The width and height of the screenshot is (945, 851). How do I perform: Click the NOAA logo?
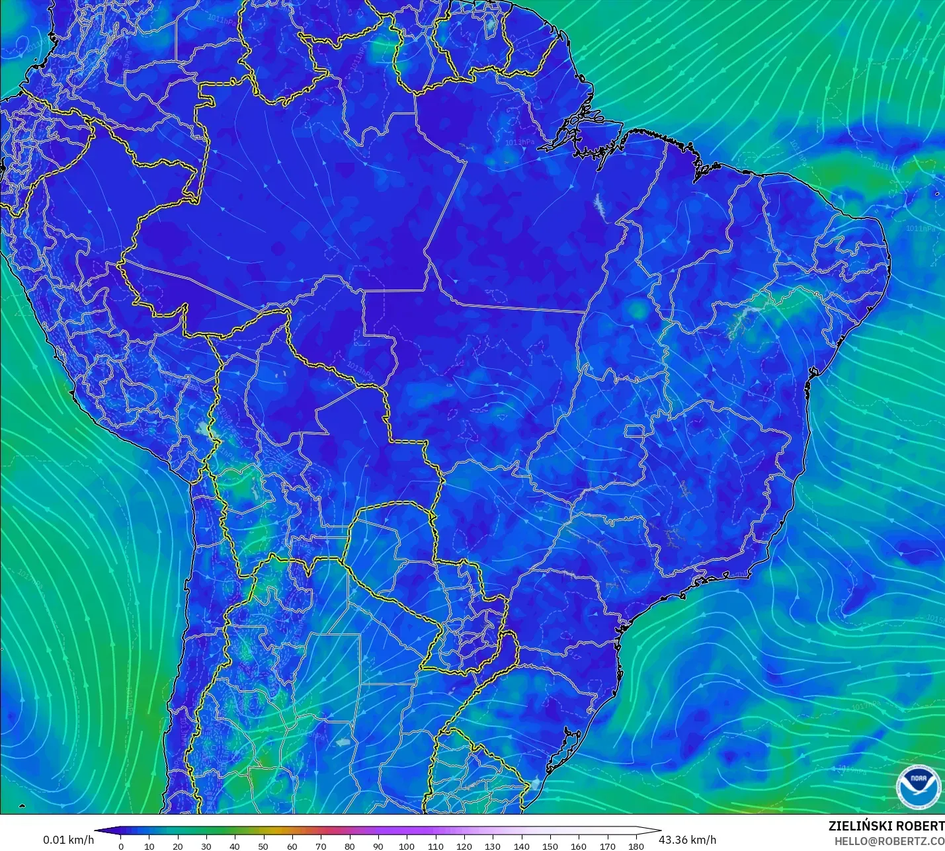(x=918, y=787)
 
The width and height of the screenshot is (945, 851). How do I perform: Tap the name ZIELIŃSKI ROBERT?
(x=886, y=827)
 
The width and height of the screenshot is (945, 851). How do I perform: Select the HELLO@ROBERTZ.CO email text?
(x=889, y=841)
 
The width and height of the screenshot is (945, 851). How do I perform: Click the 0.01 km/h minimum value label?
(x=68, y=840)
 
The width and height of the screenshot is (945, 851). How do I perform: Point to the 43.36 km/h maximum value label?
(x=687, y=840)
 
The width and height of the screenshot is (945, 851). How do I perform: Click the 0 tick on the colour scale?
(x=120, y=846)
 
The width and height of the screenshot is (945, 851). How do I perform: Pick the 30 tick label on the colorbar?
(x=206, y=846)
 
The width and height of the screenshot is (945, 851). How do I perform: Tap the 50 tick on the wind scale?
(x=263, y=846)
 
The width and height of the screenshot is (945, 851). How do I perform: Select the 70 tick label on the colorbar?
(x=321, y=846)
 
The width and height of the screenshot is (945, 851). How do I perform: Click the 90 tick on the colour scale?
(x=378, y=846)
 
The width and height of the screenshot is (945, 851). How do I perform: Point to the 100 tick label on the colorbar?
(x=407, y=846)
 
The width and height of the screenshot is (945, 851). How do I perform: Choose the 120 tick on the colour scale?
(x=464, y=846)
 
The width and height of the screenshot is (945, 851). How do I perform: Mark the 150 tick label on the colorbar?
(x=550, y=846)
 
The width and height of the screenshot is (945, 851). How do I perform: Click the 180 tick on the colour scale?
(x=636, y=846)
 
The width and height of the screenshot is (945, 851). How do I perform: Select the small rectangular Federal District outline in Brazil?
(x=635, y=432)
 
